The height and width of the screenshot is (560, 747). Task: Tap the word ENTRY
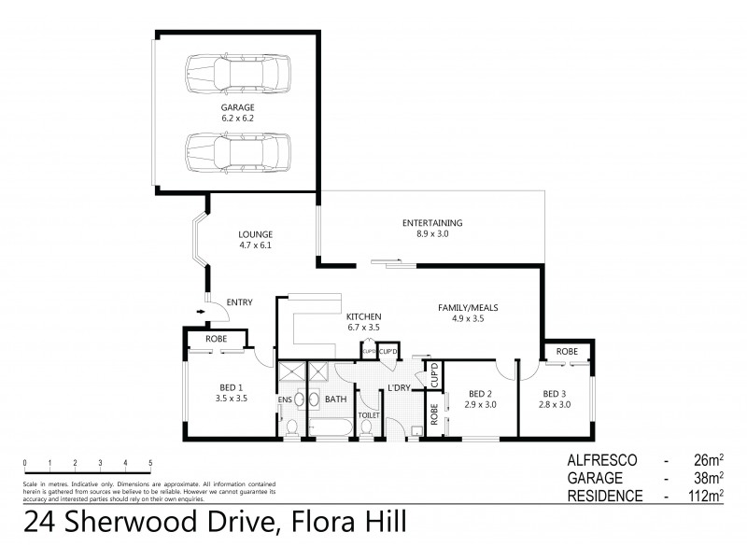point(239,301)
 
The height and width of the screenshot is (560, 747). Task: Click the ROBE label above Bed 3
point(567,352)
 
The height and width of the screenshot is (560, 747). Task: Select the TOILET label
point(368,413)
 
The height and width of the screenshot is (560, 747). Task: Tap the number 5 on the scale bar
point(150,463)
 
